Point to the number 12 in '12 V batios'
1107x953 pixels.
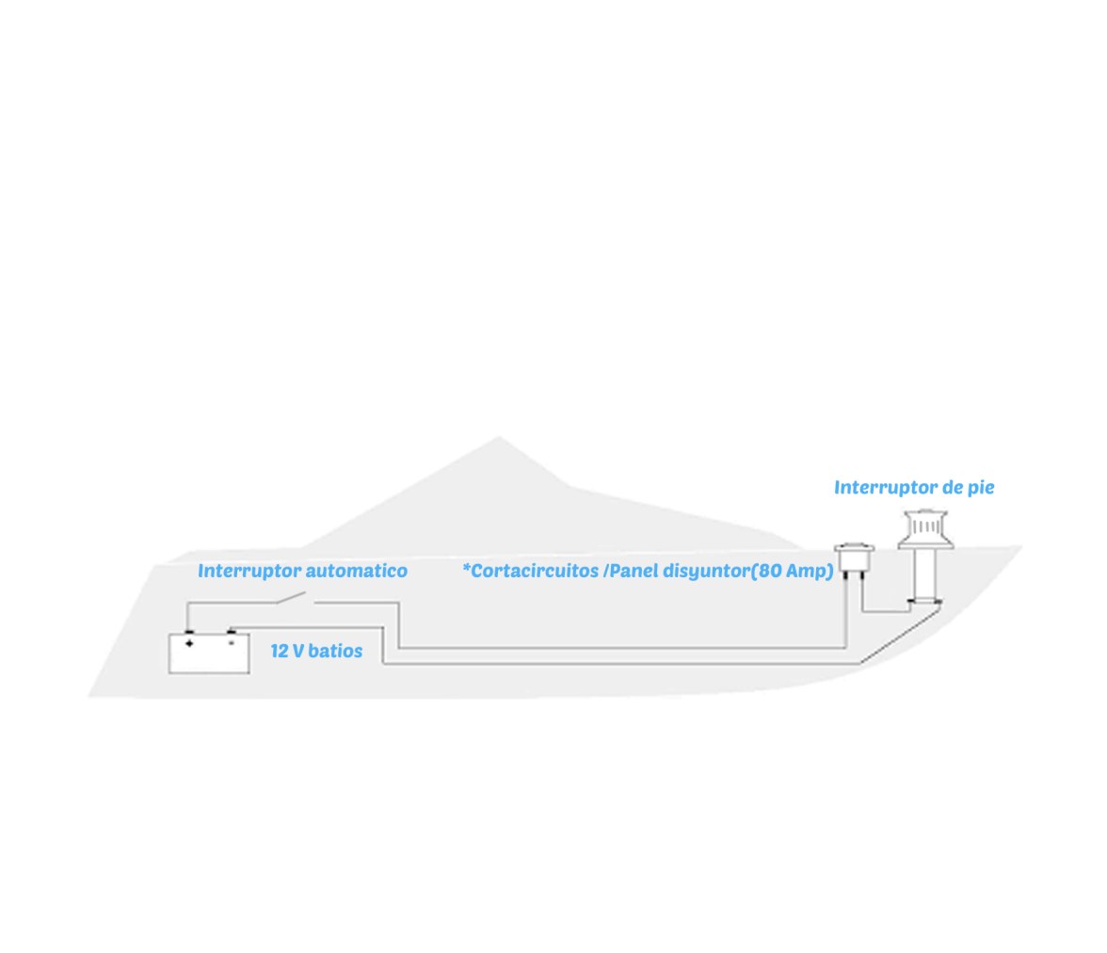pyautogui.click(x=279, y=652)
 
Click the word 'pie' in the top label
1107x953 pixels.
pyautogui.click(x=981, y=488)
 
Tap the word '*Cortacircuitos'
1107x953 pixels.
pyautogui.click(x=530, y=571)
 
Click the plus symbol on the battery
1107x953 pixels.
pyautogui.click(x=189, y=643)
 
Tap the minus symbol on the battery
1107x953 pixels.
pyautogui.click(x=231, y=643)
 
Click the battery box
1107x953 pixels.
pyautogui.click(x=209, y=654)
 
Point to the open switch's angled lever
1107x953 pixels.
pyautogui.click(x=291, y=598)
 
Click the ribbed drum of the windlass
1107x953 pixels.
pyautogui.click(x=925, y=526)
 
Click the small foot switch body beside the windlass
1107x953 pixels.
pyautogui.click(x=855, y=558)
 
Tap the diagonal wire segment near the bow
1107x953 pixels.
pyautogui.click(x=900, y=637)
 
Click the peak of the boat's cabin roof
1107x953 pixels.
pyautogui.click(x=499, y=437)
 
